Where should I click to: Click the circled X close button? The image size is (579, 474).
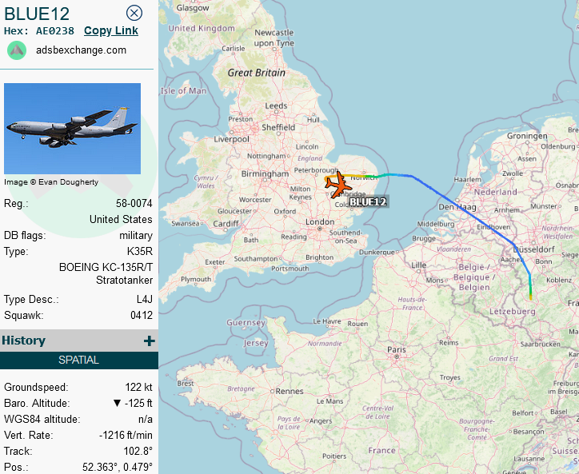pyautogui.click(x=134, y=13)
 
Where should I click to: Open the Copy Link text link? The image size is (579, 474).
pyautogui.click(x=111, y=30)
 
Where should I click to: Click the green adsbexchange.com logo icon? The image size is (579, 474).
pyautogui.click(x=17, y=50)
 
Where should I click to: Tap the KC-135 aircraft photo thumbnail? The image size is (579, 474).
pyautogui.click(x=73, y=129)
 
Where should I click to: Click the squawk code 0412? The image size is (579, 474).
pyautogui.click(x=141, y=315)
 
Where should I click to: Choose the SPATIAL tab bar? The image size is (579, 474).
pyautogui.click(x=79, y=360)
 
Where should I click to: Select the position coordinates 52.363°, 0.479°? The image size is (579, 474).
pyautogui.click(x=117, y=467)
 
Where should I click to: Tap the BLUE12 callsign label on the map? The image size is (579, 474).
pyautogui.click(x=368, y=202)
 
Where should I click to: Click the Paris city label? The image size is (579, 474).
pyautogui.click(x=397, y=350)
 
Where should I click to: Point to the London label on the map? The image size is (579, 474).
pyautogui.click(x=319, y=221)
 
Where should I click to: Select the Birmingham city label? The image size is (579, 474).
pyautogui.click(x=265, y=173)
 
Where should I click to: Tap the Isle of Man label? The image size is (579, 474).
pyautogui.click(x=184, y=90)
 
